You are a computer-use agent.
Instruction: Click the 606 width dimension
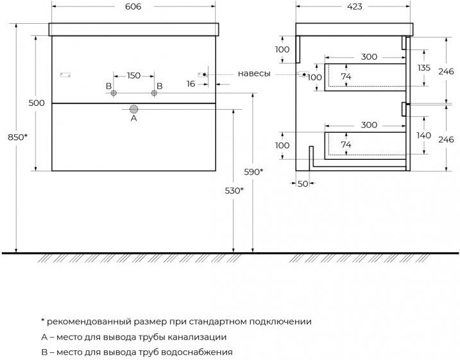(133, 6)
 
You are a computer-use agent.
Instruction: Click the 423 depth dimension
(354, 6)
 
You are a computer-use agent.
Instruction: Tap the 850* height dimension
(17, 137)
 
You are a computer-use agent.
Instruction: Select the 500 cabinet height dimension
(37, 103)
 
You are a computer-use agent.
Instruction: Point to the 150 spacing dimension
(133, 76)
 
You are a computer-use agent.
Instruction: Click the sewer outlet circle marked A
(134, 109)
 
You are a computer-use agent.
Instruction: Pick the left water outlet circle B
(114, 93)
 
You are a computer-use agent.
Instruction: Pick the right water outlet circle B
(154, 93)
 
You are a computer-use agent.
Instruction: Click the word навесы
(254, 73)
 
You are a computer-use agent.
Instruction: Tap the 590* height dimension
(253, 172)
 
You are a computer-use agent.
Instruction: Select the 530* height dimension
(234, 191)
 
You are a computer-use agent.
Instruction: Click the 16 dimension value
(191, 84)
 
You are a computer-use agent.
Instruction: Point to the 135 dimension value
(424, 68)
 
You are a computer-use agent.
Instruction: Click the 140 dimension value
(424, 135)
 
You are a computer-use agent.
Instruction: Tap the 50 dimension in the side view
(303, 184)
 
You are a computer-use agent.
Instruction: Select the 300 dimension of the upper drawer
(369, 56)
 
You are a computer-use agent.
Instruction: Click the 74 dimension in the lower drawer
(346, 144)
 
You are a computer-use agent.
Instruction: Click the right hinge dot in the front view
(204, 74)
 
